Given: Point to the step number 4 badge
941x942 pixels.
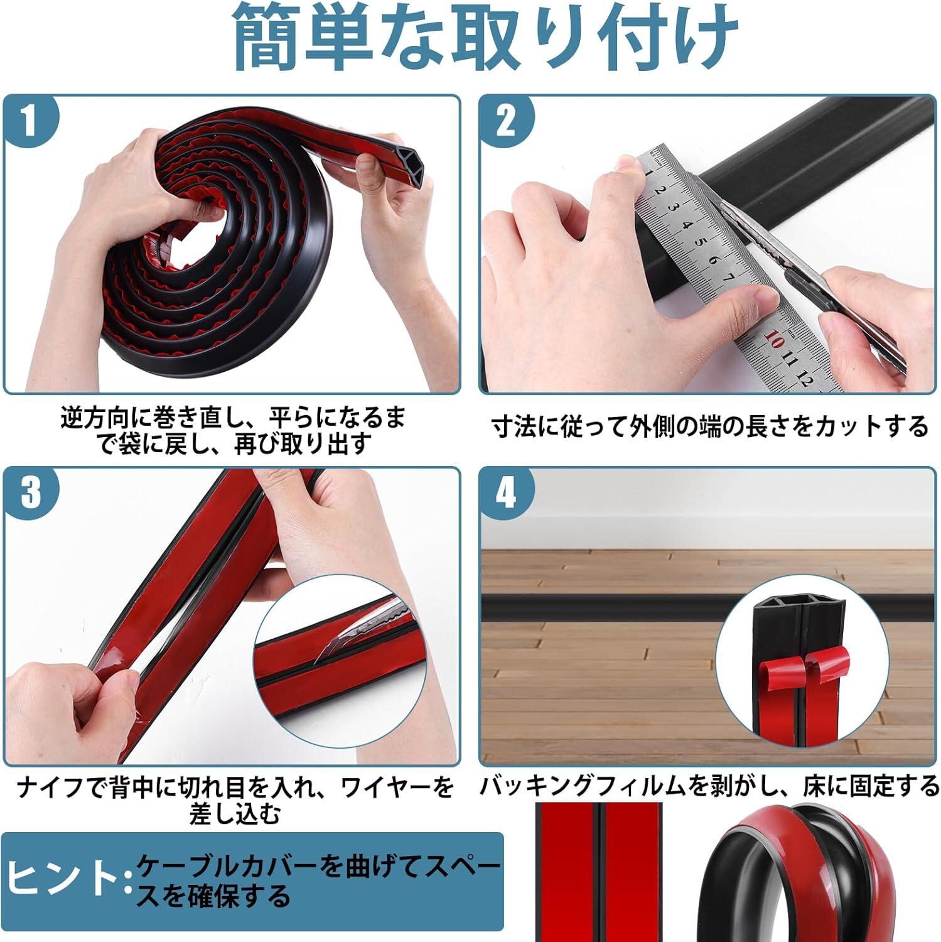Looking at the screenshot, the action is pos(506,494).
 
